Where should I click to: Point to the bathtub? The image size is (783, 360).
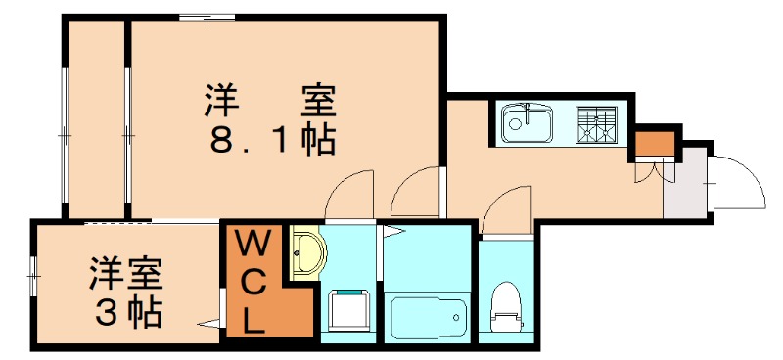(429, 317)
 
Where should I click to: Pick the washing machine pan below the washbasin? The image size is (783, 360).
(347, 311)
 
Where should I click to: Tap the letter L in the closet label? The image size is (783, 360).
(253, 319)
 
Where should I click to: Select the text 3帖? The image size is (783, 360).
(127, 311)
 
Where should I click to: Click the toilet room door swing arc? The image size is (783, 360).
(506, 205)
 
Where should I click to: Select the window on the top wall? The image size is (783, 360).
(207, 16)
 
